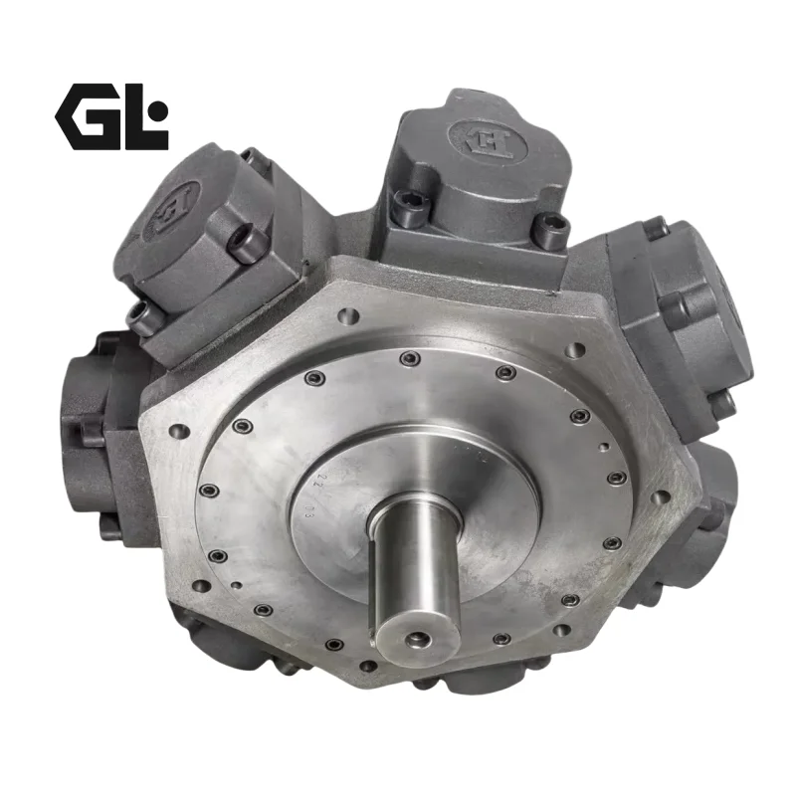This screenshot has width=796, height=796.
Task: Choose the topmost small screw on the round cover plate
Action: [x=403, y=358]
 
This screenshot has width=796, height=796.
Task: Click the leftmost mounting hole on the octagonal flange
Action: [x=176, y=432]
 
